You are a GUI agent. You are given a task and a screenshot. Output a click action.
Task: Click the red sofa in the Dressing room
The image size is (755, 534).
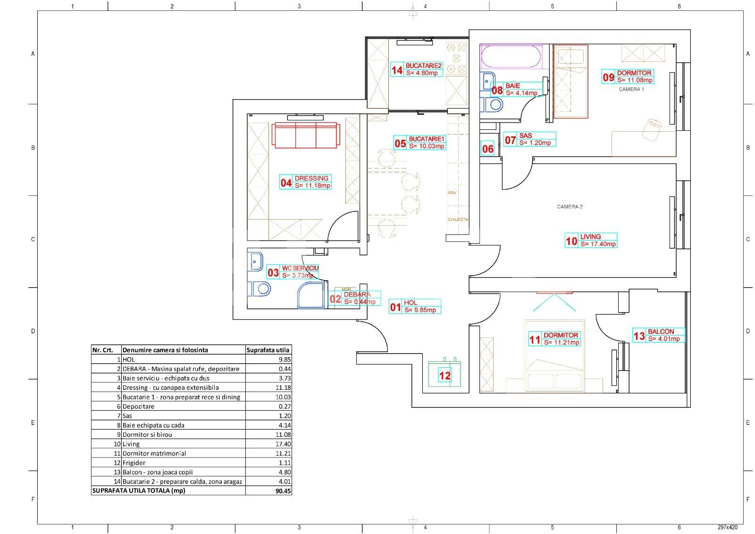[x=305, y=136]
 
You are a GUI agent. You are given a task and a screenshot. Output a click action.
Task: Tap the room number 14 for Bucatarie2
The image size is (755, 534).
[x=397, y=70]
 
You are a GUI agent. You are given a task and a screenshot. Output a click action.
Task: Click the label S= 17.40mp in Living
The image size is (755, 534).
[x=598, y=244]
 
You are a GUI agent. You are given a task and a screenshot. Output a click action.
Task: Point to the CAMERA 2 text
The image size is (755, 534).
[x=570, y=207]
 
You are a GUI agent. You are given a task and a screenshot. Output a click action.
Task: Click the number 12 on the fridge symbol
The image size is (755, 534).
[x=445, y=376]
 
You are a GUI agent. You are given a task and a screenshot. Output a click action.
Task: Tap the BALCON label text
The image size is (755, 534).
[x=661, y=331]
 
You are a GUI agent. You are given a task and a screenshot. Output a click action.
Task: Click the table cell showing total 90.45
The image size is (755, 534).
[x=268, y=491]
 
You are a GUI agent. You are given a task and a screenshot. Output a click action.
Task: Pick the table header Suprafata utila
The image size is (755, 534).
[x=268, y=350]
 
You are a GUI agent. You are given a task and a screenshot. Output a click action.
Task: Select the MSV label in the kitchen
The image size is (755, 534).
[x=452, y=193]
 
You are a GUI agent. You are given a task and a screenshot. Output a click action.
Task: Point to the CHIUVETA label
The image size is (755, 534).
[x=458, y=220]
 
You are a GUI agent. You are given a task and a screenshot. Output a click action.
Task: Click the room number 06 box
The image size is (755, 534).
[x=487, y=149]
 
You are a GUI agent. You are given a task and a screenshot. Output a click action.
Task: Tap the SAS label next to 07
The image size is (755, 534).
[x=525, y=136]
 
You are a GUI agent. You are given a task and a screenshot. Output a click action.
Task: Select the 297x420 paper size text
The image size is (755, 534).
[x=727, y=527]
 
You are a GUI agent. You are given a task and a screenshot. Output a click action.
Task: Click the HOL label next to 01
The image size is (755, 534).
[x=410, y=303]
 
